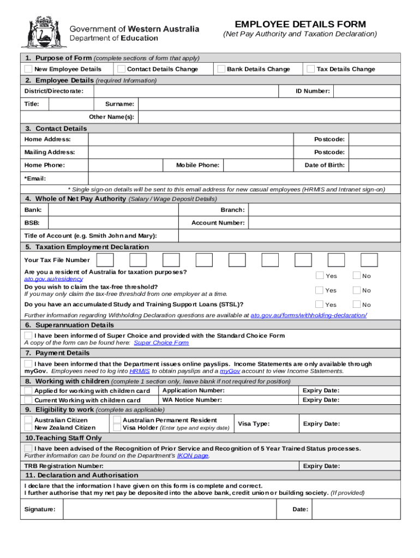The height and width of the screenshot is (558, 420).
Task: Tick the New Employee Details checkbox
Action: [28, 69]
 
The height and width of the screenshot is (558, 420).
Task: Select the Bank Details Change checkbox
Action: [221, 69]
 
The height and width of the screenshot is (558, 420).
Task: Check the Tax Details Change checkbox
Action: [310, 69]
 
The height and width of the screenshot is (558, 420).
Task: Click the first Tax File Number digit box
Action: [105, 260]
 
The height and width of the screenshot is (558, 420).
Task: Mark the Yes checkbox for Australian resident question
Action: [320, 276]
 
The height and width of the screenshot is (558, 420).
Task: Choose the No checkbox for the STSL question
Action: [357, 305]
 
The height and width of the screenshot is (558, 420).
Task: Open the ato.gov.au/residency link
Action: [53, 279]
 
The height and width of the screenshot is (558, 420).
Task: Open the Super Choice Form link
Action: [161, 343]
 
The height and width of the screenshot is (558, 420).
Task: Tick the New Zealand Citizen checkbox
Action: [28, 428]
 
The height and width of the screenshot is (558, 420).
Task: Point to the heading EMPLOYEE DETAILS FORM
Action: [300, 25]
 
